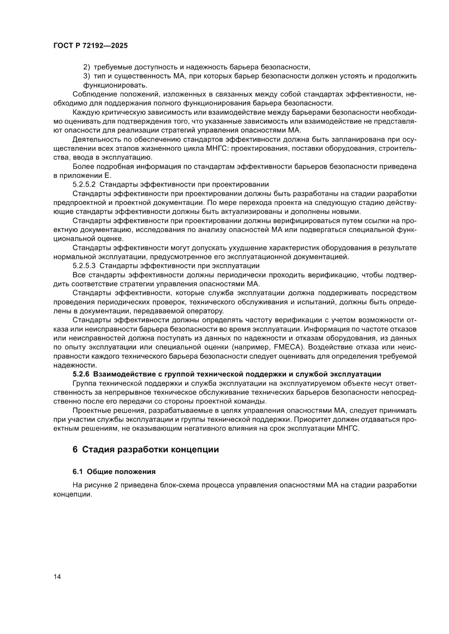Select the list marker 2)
[x=86, y=67]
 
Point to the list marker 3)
[x=86, y=76]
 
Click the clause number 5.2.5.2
[x=84, y=184]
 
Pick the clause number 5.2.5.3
[x=84, y=266]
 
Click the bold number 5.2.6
[x=82, y=374]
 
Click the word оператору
[x=205, y=311]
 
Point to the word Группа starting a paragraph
[x=85, y=383]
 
